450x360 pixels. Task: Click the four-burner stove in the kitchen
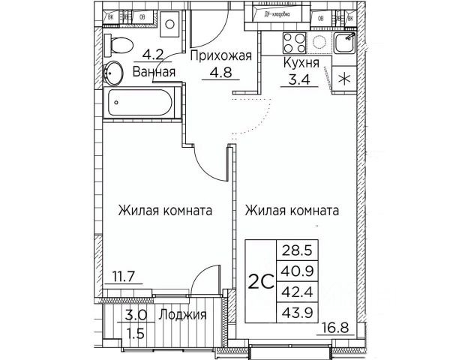(x=292, y=42)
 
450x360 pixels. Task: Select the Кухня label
(x=301, y=64)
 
